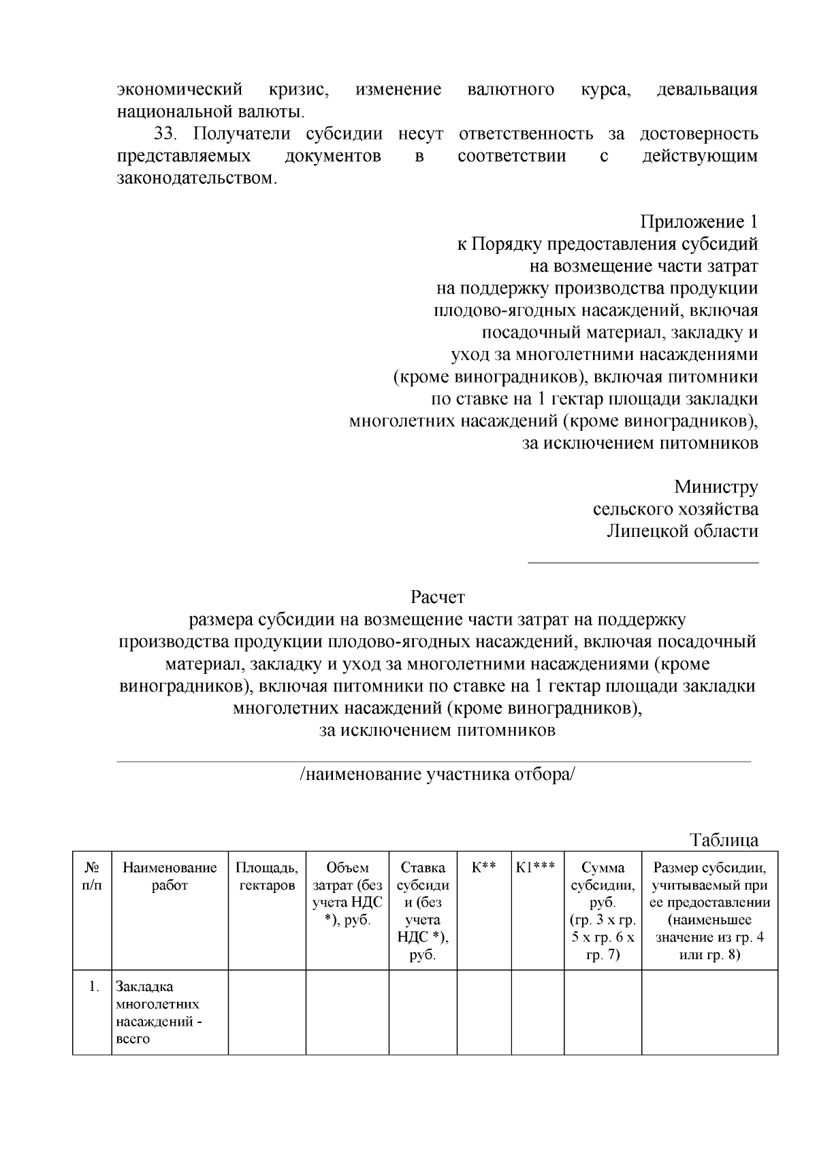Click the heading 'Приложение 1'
point(699,222)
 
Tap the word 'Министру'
point(716,487)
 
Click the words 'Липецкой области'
point(682,532)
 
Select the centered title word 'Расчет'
point(437,598)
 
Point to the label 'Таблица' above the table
point(724,839)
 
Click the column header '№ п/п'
point(92,877)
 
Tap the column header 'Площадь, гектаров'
point(267,877)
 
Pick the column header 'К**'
point(483,868)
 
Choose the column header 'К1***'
point(536,868)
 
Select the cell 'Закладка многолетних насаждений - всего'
point(160,1013)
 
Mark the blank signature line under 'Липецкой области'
point(643,562)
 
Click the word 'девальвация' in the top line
point(707,90)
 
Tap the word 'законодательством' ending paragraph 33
point(196,178)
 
